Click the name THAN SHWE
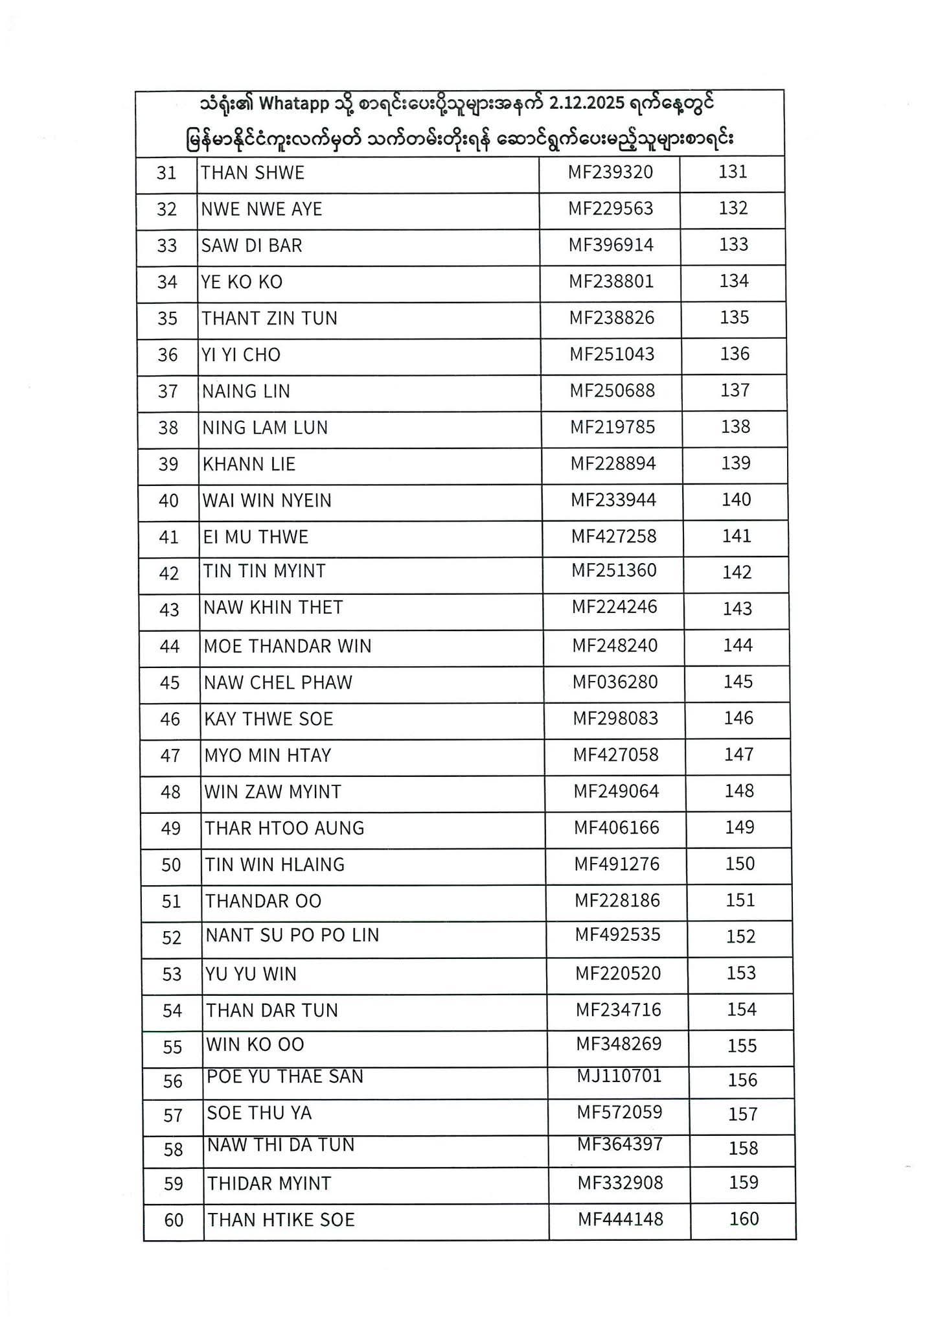click(252, 173)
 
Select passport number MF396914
click(611, 245)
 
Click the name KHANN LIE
click(249, 464)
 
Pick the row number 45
click(169, 683)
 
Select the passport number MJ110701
click(619, 1076)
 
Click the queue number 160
click(744, 1219)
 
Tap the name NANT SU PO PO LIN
click(292, 935)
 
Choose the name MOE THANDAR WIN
click(288, 646)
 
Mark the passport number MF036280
click(615, 682)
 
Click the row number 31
click(166, 173)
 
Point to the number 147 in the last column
click(738, 754)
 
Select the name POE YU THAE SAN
click(285, 1076)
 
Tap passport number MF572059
click(620, 1113)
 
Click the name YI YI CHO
click(241, 355)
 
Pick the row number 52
click(172, 938)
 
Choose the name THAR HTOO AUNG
click(284, 828)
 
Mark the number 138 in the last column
click(735, 426)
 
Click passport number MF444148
click(621, 1219)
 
